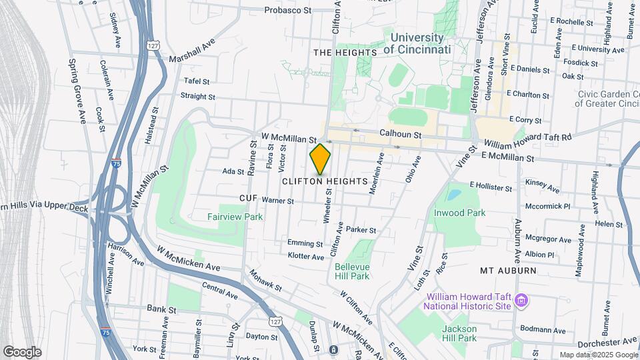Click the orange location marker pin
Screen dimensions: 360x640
[x=320, y=159]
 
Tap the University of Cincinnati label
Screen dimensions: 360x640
[x=417, y=43]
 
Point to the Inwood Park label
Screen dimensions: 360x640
[x=460, y=213]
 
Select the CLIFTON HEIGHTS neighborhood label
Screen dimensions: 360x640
[x=325, y=181]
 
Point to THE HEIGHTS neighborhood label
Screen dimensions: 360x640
[x=345, y=52]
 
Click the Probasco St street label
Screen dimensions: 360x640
[x=287, y=10]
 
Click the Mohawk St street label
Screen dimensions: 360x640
[x=265, y=281]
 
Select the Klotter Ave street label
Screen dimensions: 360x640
[x=305, y=257]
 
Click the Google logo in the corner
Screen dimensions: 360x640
[x=22, y=351]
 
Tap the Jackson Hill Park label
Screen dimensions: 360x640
[x=459, y=333]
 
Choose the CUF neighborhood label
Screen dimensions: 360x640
[x=247, y=199]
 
